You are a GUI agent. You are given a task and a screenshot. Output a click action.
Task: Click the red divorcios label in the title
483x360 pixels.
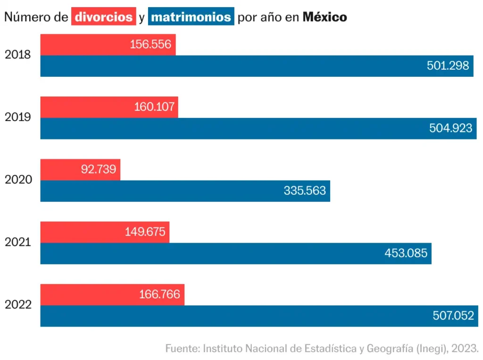pyautogui.click(x=104, y=17)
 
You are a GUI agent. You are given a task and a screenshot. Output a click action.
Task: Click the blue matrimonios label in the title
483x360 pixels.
pyautogui.click(x=191, y=17)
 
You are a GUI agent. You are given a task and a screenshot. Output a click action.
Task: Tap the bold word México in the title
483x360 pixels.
pyautogui.click(x=325, y=17)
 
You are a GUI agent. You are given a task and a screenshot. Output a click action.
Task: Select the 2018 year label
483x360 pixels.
pyautogui.click(x=18, y=55)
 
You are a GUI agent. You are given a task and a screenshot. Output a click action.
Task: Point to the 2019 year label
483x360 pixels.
pyautogui.click(x=18, y=117)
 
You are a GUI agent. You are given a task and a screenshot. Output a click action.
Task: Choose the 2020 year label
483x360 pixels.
pyautogui.click(x=18, y=180)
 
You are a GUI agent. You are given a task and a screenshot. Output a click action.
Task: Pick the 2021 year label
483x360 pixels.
pyautogui.click(x=18, y=242)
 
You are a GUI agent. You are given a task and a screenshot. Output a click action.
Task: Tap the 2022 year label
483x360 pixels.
pyautogui.click(x=18, y=305)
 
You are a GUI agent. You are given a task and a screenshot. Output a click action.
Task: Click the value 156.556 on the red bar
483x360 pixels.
pyautogui.click(x=151, y=45)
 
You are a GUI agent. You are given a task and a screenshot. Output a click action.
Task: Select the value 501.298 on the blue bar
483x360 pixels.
pyautogui.click(x=448, y=66)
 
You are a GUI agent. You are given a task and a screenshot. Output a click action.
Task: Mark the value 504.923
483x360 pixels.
pyautogui.click(x=450, y=129)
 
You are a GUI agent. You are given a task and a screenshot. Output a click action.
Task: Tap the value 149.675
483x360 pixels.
pyautogui.click(x=146, y=232)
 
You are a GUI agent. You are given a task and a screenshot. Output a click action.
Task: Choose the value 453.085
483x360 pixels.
pyautogui.click(x=406, y=254)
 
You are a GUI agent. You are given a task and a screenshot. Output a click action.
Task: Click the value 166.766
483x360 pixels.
pyautogui.click(x=159, y=295)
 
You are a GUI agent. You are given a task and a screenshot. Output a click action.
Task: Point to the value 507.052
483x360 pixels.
pyautogui.click(x=453, y=316)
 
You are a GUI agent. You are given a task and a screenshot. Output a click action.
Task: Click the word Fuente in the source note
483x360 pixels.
pyautogui.click(x=182, y=349)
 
